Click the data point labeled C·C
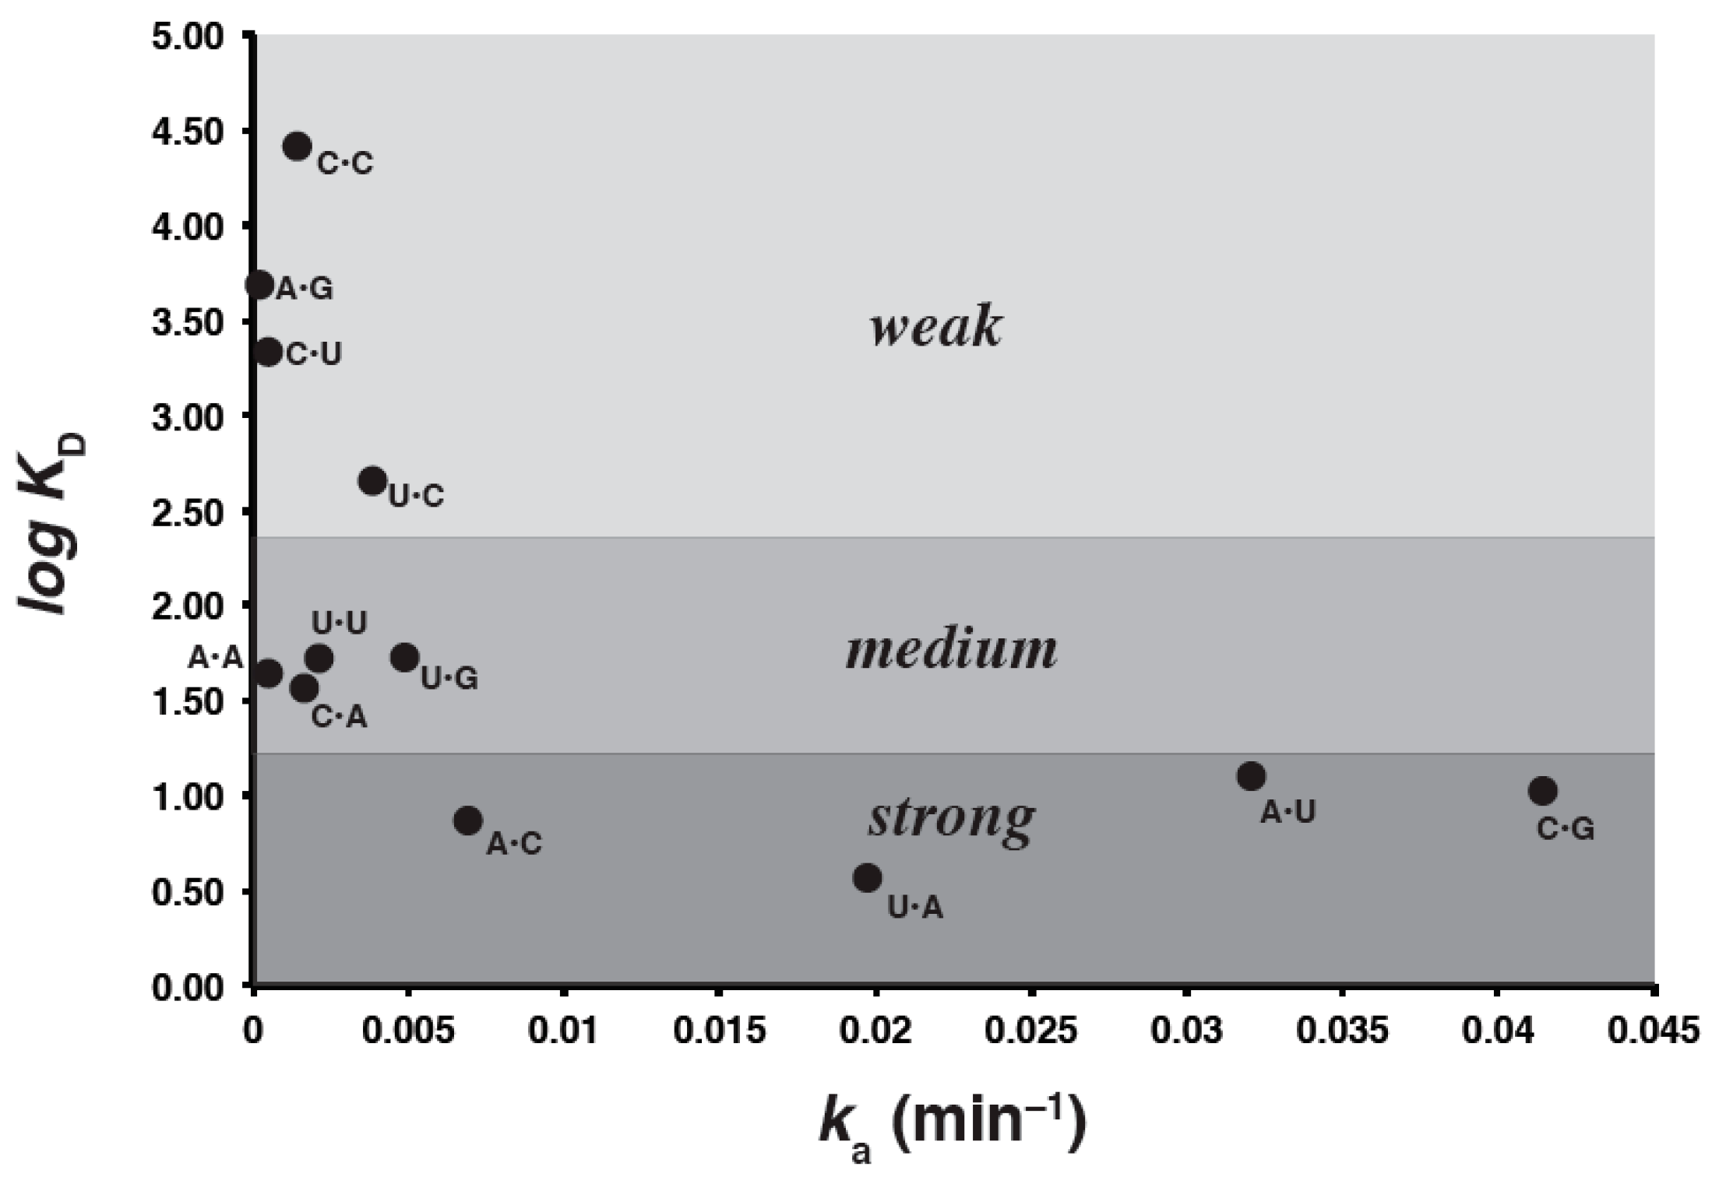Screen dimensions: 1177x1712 pyautogui.click(x=298, y=146)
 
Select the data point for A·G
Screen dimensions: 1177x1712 pyautogui.click(x=259, y=285)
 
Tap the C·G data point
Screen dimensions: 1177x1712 pyautogui.click(x=1542, y=791)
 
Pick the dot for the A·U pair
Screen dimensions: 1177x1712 pyautogui.click(x=1251, y=776)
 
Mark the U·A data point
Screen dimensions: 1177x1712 pyautogui.click(x=868, y=878)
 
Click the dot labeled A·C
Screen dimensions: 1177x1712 pyautogui.click(x=468, y=820)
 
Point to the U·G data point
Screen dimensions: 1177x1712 pyautogui.click(x=405, y=658)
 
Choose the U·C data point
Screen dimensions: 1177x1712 pyautogui.click(x=373, y=481)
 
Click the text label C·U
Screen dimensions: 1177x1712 pyautogui.click(x=314, y=354)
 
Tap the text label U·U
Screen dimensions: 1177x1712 pyautogui.click(x=339, y=623)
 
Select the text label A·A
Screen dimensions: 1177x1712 pyautogui.click(x=216, y=659)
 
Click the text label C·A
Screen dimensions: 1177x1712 pyautogui.click(x=339, y=717)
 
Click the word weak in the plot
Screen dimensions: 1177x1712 pyautogui.click(x=935, y=327)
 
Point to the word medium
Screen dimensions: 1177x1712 pyautogui.click(x=951, y=650)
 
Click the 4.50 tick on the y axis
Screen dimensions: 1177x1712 pyautogui.click(x=188, y=131)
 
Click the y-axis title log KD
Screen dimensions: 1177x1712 pyautogui.click(x=53, y=525)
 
